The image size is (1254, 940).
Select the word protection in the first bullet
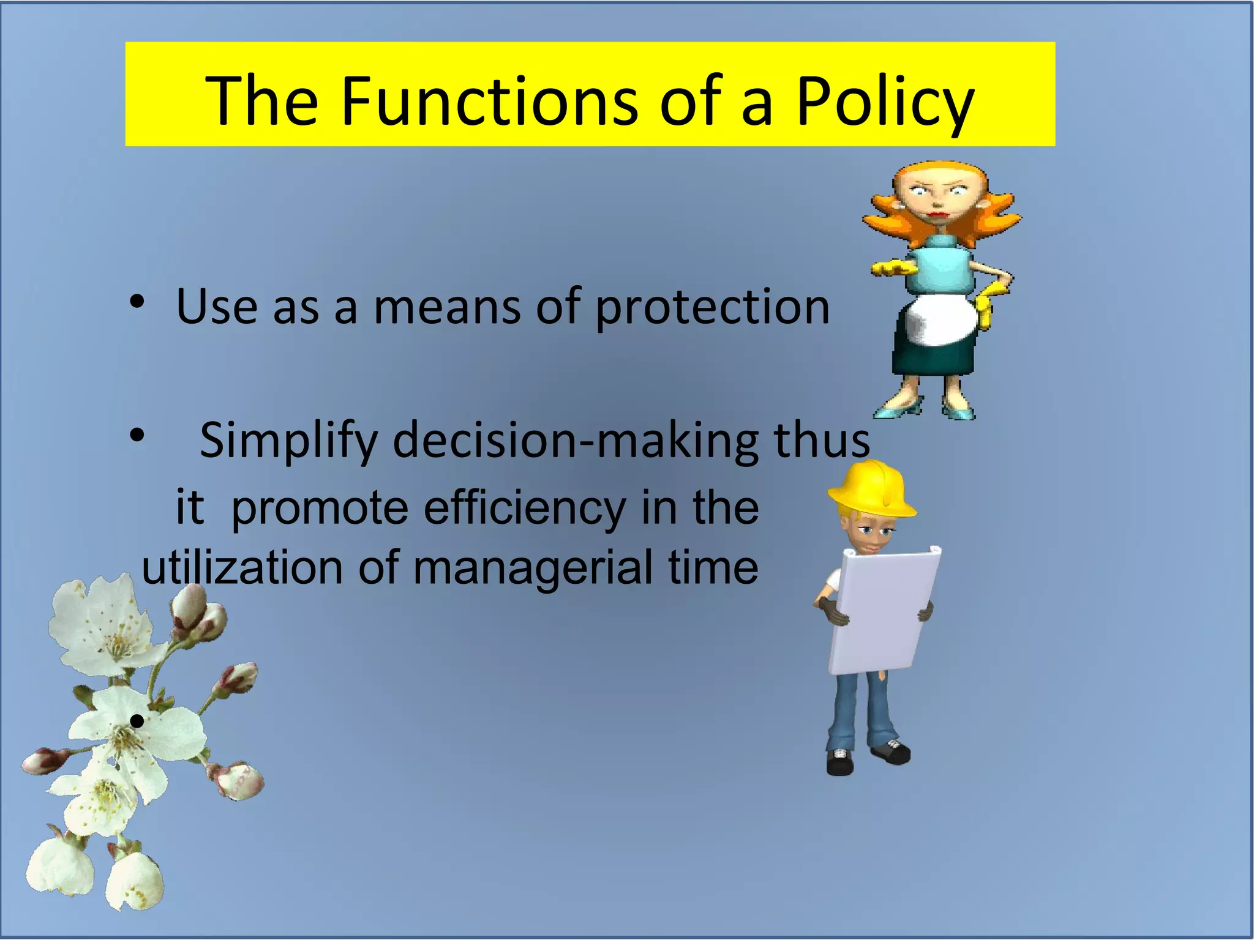point(712,308)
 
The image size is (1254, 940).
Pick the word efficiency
point(524,508)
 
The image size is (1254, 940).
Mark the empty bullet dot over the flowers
point(137,722)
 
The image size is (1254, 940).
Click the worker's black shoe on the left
point(840,763)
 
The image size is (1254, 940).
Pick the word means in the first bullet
point(446,308)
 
